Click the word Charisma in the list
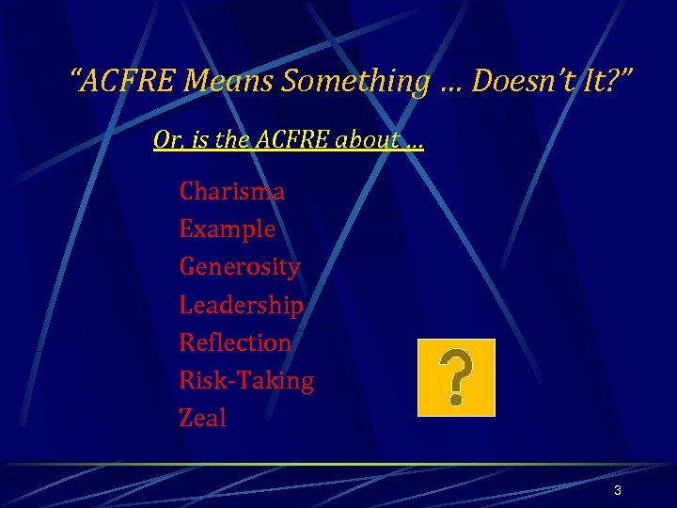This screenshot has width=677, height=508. point(231,192)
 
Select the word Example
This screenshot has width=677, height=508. point(227,230)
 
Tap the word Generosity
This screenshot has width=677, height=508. point(239,267)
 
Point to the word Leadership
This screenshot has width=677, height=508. point(241,305)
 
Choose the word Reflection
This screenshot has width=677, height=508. point(235,342)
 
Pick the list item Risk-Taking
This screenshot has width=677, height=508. point(246,380)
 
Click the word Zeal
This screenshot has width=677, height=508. point(202,418)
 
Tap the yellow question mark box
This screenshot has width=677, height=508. point(456,377)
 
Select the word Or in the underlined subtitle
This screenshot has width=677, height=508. point(165,142)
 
